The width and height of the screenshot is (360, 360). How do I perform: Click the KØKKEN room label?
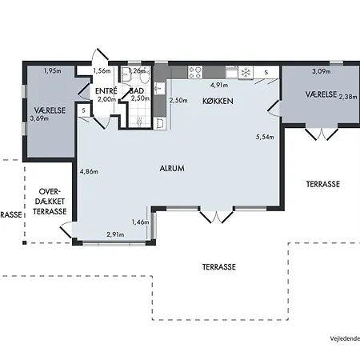coord(218,101)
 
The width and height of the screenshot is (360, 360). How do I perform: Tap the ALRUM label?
coord(172,168)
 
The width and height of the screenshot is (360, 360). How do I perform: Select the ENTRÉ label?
coord(106,90)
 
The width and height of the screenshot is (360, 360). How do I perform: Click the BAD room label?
coord(137,90)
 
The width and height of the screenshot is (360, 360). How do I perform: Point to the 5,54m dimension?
coord(265,137)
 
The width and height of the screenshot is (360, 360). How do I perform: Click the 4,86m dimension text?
coord(89,171)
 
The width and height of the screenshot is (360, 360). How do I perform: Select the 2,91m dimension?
coord(115,234)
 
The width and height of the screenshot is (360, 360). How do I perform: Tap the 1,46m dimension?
coord(140,222)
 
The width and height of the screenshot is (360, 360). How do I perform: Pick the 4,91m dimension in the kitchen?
coord(219,85)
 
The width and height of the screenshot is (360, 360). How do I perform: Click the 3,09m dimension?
coord(322,71)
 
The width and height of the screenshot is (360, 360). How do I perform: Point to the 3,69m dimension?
coord(39,118)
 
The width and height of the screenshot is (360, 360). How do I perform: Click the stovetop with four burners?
coord(195,73)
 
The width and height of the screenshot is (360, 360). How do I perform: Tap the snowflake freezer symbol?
coord(246,73)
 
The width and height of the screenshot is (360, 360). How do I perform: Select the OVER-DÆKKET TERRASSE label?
coord(50,202)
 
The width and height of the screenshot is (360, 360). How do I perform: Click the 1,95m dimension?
coord(52,71)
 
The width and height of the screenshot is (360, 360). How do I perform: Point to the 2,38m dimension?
coord(348,97)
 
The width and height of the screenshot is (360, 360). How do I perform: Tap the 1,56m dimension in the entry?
coord(102,71)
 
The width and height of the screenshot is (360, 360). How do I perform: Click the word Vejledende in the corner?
coord(345,338)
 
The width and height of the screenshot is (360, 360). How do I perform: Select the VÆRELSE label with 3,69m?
coord(50,110)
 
